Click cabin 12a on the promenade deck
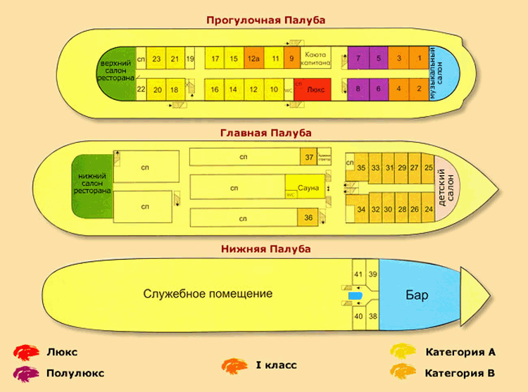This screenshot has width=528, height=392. click(x=253, y=58)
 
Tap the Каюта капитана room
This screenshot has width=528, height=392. click(x=315, y=58)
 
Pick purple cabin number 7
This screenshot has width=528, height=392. click(x=358, y=58)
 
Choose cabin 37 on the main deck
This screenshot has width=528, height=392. click(x=308, y=156)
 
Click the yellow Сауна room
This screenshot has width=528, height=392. click(x=308, y=188)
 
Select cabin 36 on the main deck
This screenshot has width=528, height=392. click(x=308, y=218)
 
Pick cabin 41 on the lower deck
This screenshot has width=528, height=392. click(x=358, y=274)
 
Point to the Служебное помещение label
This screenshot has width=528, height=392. click(x=207, y=293)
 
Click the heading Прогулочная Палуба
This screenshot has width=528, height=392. click(x=265, y=20)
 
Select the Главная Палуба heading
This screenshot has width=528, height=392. click(x=265, y=132)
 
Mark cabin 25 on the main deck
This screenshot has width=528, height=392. click(x=429, y=167)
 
